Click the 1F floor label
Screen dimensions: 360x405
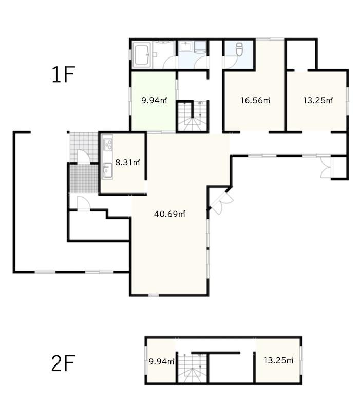point(63,74)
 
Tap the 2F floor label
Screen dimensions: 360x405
point(63,363)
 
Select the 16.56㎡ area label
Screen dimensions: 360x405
point(255,100)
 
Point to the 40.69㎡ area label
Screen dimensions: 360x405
point(169,214)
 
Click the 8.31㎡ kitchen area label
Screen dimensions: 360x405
point(127,162)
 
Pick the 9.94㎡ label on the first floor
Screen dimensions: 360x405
point(154,100)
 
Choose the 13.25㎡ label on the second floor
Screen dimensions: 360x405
point(278,360)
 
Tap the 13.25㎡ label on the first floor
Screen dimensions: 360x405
point(317,100)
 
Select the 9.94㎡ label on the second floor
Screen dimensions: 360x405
point(162,361)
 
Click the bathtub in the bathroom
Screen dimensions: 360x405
point(142,55)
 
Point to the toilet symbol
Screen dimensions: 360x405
point(239,49)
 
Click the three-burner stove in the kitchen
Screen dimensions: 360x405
point(107,145)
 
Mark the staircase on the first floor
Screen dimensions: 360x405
point(192,117)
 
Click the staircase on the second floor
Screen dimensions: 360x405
point(192,368)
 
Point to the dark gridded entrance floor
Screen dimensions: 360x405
point(84,179)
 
